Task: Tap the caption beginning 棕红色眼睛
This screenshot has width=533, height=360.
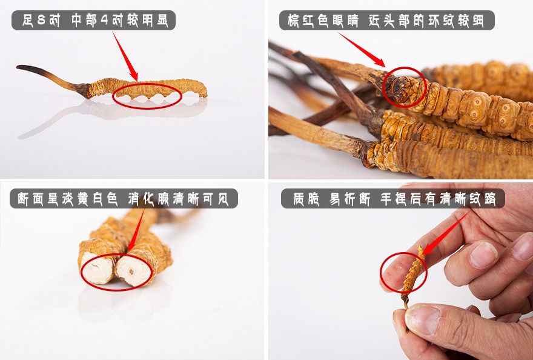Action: point(386,21)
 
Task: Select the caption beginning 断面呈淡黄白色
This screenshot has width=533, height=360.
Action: point(124,198)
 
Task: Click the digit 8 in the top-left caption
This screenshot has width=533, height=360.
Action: point(41,21)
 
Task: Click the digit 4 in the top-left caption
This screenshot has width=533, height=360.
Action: point(104,21)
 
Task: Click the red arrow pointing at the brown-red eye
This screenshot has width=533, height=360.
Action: point(362,50)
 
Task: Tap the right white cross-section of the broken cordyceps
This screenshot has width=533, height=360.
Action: point(133,270)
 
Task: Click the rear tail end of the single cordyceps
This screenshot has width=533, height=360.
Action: point(202,90)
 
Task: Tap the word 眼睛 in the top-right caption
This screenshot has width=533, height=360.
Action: point(348,21)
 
